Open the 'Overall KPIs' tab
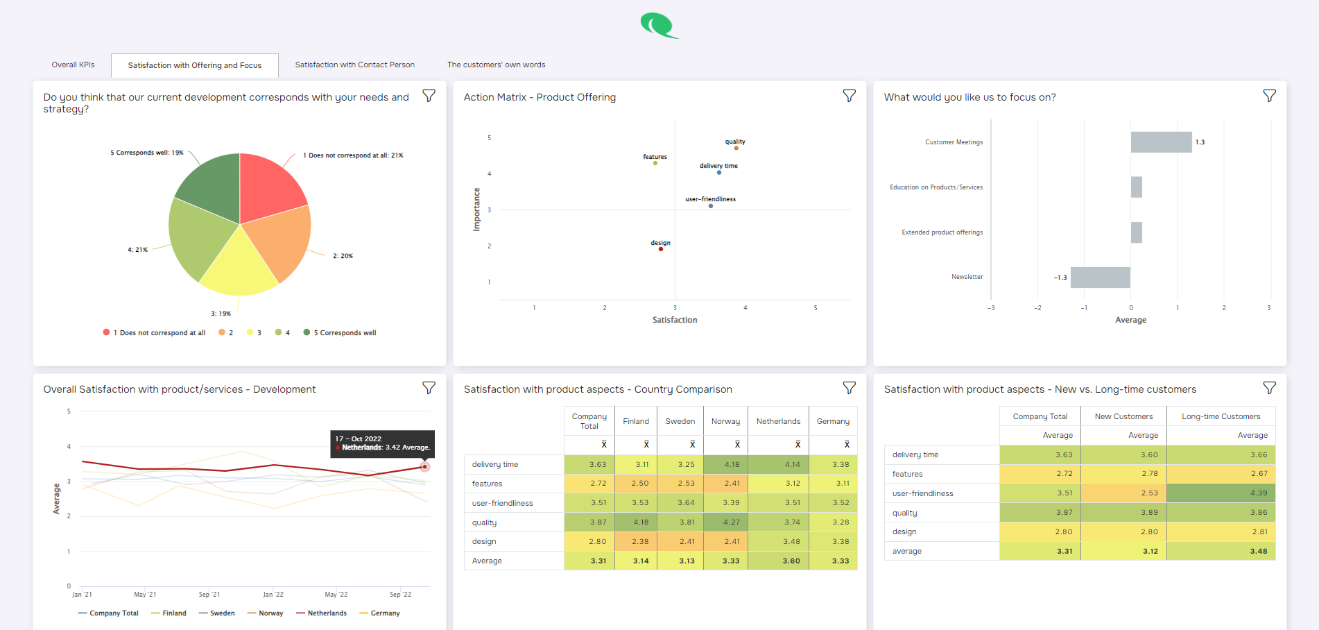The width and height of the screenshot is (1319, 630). click(x=73, y=65)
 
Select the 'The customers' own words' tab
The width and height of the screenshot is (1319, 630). click(x=496, y=65)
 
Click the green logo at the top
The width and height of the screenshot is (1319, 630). click(x=658, y=26)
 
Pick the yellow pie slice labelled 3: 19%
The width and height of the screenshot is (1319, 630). click(x=239, y=267)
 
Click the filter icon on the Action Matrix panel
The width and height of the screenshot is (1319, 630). click(x=849, y=96)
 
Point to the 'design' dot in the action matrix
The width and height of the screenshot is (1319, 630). click(x=661, y=249)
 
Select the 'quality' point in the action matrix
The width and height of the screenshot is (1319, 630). click(x=736, y=148)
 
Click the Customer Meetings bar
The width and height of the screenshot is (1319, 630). click(x=1161, y=142)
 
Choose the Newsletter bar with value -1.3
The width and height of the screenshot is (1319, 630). click(x=1100, y=278)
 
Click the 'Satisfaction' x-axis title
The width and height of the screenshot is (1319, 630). click(x=674, y=320)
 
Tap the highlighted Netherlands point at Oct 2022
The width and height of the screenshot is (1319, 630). click(x=425, y=467)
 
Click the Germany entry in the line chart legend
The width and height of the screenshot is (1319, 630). click(x=380, y=613)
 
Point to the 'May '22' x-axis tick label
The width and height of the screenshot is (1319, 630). click(x=336, y=595)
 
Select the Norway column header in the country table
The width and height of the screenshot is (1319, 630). click(x=725, y=421)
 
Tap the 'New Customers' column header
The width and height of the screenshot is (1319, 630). click(x=1123, y=416)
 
